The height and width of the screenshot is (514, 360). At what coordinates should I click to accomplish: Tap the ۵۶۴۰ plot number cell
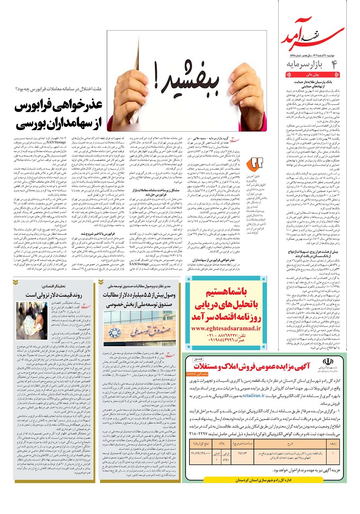(x=226, y=460)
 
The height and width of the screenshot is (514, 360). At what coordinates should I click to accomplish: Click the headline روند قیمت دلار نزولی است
(x=54, y=295)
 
